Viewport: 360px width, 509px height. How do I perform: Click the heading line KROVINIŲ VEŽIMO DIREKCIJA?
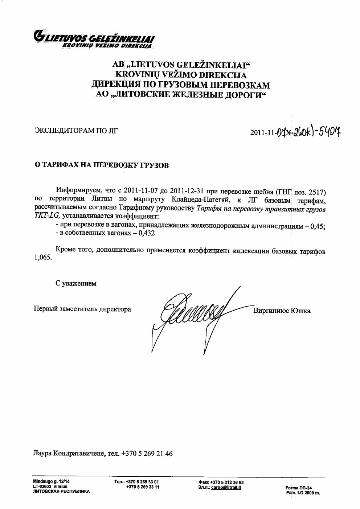[180, 75]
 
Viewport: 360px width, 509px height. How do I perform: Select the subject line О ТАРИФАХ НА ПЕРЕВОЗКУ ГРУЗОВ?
[101, 165]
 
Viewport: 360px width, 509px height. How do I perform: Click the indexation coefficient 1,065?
[42, 259]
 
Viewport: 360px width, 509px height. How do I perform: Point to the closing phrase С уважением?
[76, 284]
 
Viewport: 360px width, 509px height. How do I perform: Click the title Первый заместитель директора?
[82, 309]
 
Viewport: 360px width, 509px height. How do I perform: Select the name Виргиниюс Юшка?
[282, 311]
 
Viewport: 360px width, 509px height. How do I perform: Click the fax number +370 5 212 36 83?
[227, 482]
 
